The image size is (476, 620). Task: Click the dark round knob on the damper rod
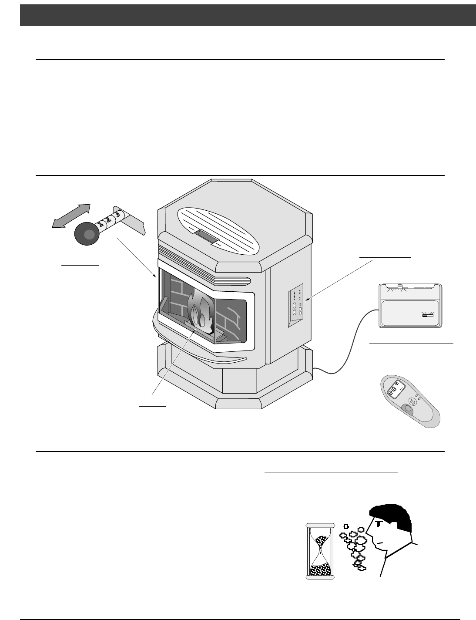coord(88,234)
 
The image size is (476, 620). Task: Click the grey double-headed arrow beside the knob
coord(71,215)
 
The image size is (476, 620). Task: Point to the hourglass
coord(321,551)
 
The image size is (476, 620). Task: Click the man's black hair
coord(392,516)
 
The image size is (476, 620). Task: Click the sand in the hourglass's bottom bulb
coord(321,568)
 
